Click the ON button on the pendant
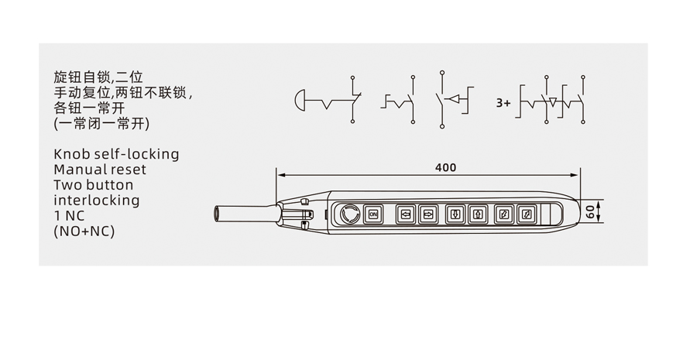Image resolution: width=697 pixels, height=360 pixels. pos(373,214)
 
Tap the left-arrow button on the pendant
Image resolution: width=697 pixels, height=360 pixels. pos(405,214)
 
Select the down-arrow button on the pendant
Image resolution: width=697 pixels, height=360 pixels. pos(455,214)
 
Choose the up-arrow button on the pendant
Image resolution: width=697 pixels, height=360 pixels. pos(477,214)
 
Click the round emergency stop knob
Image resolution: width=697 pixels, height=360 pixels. pos(349,214)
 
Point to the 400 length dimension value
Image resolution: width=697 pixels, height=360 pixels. pos(445,167)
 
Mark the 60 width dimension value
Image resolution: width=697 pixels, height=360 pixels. pos(590,211)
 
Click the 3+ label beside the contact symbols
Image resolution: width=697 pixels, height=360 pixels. pos(503,103)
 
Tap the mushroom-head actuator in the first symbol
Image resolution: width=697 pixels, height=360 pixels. pos(299,100)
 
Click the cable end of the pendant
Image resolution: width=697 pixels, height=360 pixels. pos(218,214)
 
